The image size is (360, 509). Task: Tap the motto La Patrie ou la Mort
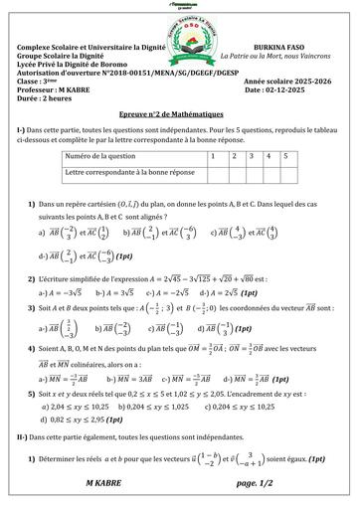(x=280, y=56)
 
